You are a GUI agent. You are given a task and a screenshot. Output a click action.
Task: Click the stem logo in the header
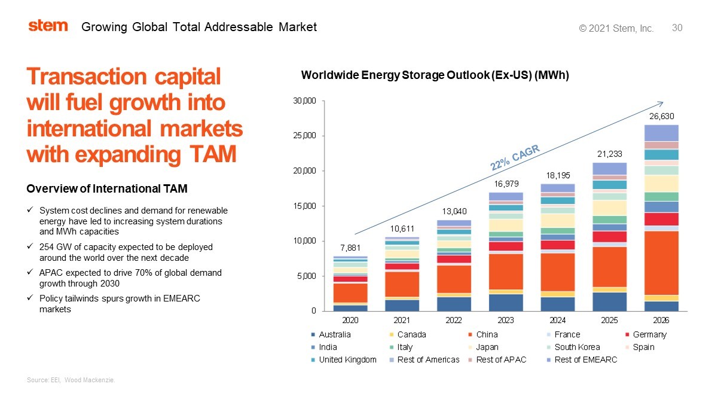pyautogui.click(x=48, y=26)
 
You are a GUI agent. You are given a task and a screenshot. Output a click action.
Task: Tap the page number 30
pyautogui.click(x=677, y=28)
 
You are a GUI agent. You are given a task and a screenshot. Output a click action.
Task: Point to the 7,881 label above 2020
pyautogui.click(x=350, y=247)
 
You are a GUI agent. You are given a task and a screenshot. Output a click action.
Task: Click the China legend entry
pyautogui.click(x=487, y=334)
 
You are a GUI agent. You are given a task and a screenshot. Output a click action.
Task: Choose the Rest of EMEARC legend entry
pyautogui.click(x=585, y=360)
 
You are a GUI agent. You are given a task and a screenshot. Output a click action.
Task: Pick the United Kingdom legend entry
pyautogui.click(x=347, y=360)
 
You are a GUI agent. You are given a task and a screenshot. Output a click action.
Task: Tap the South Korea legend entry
pyautogui.click(x=577, y=347)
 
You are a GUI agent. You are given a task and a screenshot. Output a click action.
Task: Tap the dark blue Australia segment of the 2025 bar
pyautogui.click(x=610, y=301)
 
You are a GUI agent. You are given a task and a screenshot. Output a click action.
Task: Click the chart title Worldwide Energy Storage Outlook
pyautogui.click(x=435, y=75)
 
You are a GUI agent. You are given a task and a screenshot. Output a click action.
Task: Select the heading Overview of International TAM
pyautogui.click(x=107, y=189)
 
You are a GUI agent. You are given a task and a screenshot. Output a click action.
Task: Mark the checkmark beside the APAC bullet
pyautogui.click(x=30, y=273)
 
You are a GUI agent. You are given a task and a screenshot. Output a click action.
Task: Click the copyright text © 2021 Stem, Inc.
pyautogui.click(x=616, y=28)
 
